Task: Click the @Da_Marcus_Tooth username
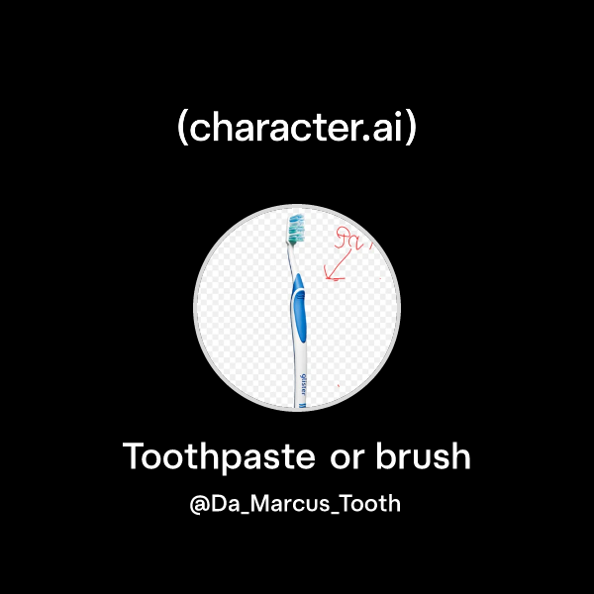click(296, 504)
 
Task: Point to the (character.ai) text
click(296, 130)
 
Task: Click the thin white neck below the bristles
click(291, 260)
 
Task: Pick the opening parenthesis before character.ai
click(182, 130)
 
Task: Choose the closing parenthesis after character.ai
click(411, 130)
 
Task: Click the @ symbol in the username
click(199, 504)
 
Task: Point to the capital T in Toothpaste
click(134, 457)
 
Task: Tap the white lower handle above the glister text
click(298, 356)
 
